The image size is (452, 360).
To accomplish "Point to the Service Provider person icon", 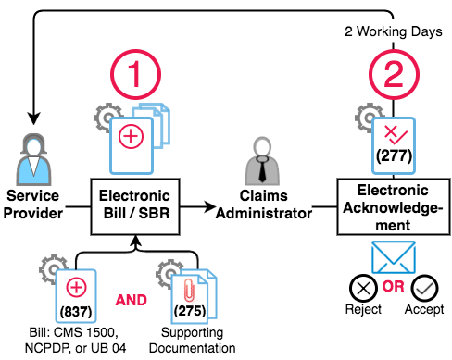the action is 33,159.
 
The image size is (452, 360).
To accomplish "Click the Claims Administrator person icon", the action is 262,161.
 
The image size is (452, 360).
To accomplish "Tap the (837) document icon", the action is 76,296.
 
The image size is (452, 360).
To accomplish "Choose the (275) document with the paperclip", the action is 194,296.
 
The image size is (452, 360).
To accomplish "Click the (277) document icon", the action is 394,145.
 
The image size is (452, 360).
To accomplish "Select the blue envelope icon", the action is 394,257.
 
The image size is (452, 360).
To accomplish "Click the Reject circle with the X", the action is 363,289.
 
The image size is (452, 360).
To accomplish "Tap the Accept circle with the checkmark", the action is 424,289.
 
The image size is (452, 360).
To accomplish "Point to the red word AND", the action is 131,300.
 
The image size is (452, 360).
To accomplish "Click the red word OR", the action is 394,286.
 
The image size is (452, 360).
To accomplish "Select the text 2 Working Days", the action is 394,31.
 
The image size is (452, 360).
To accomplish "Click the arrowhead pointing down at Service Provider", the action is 33,118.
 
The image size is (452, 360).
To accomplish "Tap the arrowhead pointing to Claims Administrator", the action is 210,206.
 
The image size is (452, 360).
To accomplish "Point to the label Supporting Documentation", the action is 192,340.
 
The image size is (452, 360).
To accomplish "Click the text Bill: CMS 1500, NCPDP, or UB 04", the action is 75,340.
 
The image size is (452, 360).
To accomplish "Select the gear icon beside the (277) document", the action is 367,118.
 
